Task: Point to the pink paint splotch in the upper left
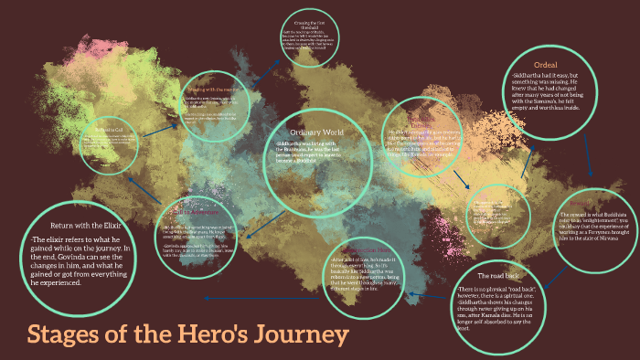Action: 91,46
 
